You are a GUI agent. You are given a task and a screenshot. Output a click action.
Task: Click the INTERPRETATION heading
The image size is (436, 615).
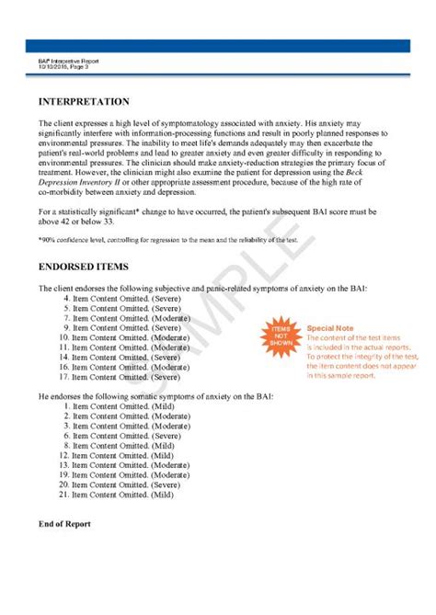(x=84, y=101)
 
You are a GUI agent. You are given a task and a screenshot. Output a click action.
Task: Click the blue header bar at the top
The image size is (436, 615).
(x=218, y=45)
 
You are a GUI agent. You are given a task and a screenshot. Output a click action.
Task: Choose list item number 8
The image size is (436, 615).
(x=120, y=337)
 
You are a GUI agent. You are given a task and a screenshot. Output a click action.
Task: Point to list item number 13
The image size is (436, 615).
(x=123, y=464)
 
